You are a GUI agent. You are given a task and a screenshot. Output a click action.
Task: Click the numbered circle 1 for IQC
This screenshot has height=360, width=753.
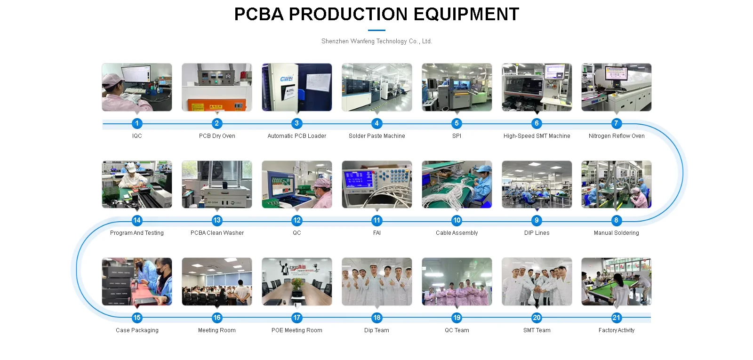click(137, 123)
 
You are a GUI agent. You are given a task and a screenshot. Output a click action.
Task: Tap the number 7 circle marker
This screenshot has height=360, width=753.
click(616, 123)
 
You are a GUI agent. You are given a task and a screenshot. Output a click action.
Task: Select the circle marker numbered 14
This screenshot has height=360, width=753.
click(137, 220)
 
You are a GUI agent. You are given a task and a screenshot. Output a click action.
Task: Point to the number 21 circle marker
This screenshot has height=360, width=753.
click(616, 318)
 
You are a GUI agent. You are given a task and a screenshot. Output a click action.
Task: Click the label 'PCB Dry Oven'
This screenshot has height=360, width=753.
click(217, 136)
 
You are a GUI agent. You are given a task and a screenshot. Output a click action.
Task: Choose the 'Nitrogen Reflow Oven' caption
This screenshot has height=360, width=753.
click(617, 136)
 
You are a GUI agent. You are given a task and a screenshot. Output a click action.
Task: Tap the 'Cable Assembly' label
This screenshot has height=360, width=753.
click(457, 233)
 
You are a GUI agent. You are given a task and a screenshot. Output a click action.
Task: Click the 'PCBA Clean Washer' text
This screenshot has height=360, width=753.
click(217, 233)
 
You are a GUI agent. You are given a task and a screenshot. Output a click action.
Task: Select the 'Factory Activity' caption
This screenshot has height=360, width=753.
click(617, 330)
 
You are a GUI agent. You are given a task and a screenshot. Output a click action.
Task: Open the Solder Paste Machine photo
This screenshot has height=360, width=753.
click(376, 88)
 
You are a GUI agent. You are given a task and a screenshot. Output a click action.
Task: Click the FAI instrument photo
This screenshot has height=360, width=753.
click(376, 184)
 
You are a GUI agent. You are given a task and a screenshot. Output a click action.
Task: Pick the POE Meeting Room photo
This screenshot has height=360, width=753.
click(297, 281)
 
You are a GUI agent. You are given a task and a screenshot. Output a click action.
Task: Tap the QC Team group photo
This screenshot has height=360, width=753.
click(457, 281)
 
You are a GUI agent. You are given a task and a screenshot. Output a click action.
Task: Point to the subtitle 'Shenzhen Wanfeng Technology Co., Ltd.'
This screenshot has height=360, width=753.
click(376, 41)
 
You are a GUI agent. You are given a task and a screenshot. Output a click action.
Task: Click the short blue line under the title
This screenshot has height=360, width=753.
click(376, 31)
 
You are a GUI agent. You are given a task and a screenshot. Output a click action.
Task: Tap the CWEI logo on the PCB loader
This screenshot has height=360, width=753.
click(286, 79)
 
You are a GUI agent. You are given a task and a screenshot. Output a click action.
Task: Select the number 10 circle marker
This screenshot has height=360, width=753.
click(457, 220)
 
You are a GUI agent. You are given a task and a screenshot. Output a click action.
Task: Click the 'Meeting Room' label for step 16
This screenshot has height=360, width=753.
click(217, 330)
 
